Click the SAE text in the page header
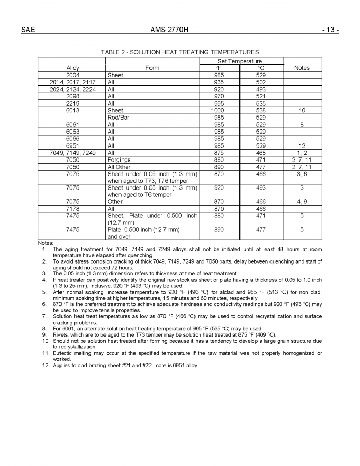click(x=28, y=30)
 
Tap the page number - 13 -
click(x=330, y=30)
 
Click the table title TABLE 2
click(x=180, y=52)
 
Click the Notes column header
click(x=302, y=68)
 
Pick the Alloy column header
click(x=73, y=68)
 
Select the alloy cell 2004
click(x=73, y=75)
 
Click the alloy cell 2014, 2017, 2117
click(x=72, y=82)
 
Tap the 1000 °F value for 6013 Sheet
click(x=218, y=110)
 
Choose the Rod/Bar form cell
click(x=118, y=118)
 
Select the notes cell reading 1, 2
click(x=302, y=153)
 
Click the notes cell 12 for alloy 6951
click(x=302, y=146)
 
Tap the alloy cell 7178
click(x=73, y=209)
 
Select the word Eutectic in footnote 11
click(x=64, y=353)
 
